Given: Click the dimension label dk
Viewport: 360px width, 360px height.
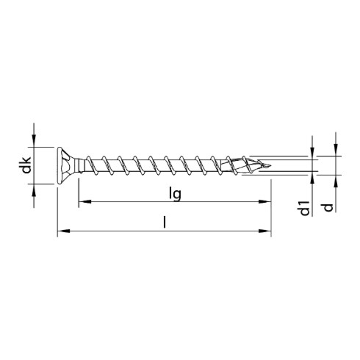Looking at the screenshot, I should pos(25,165).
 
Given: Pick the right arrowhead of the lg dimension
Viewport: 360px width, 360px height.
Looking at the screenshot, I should pos(266,201).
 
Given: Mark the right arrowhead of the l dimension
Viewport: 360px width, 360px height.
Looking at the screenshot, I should pos(266,232).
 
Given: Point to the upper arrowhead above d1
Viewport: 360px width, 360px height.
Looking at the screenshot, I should pos(313,151).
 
